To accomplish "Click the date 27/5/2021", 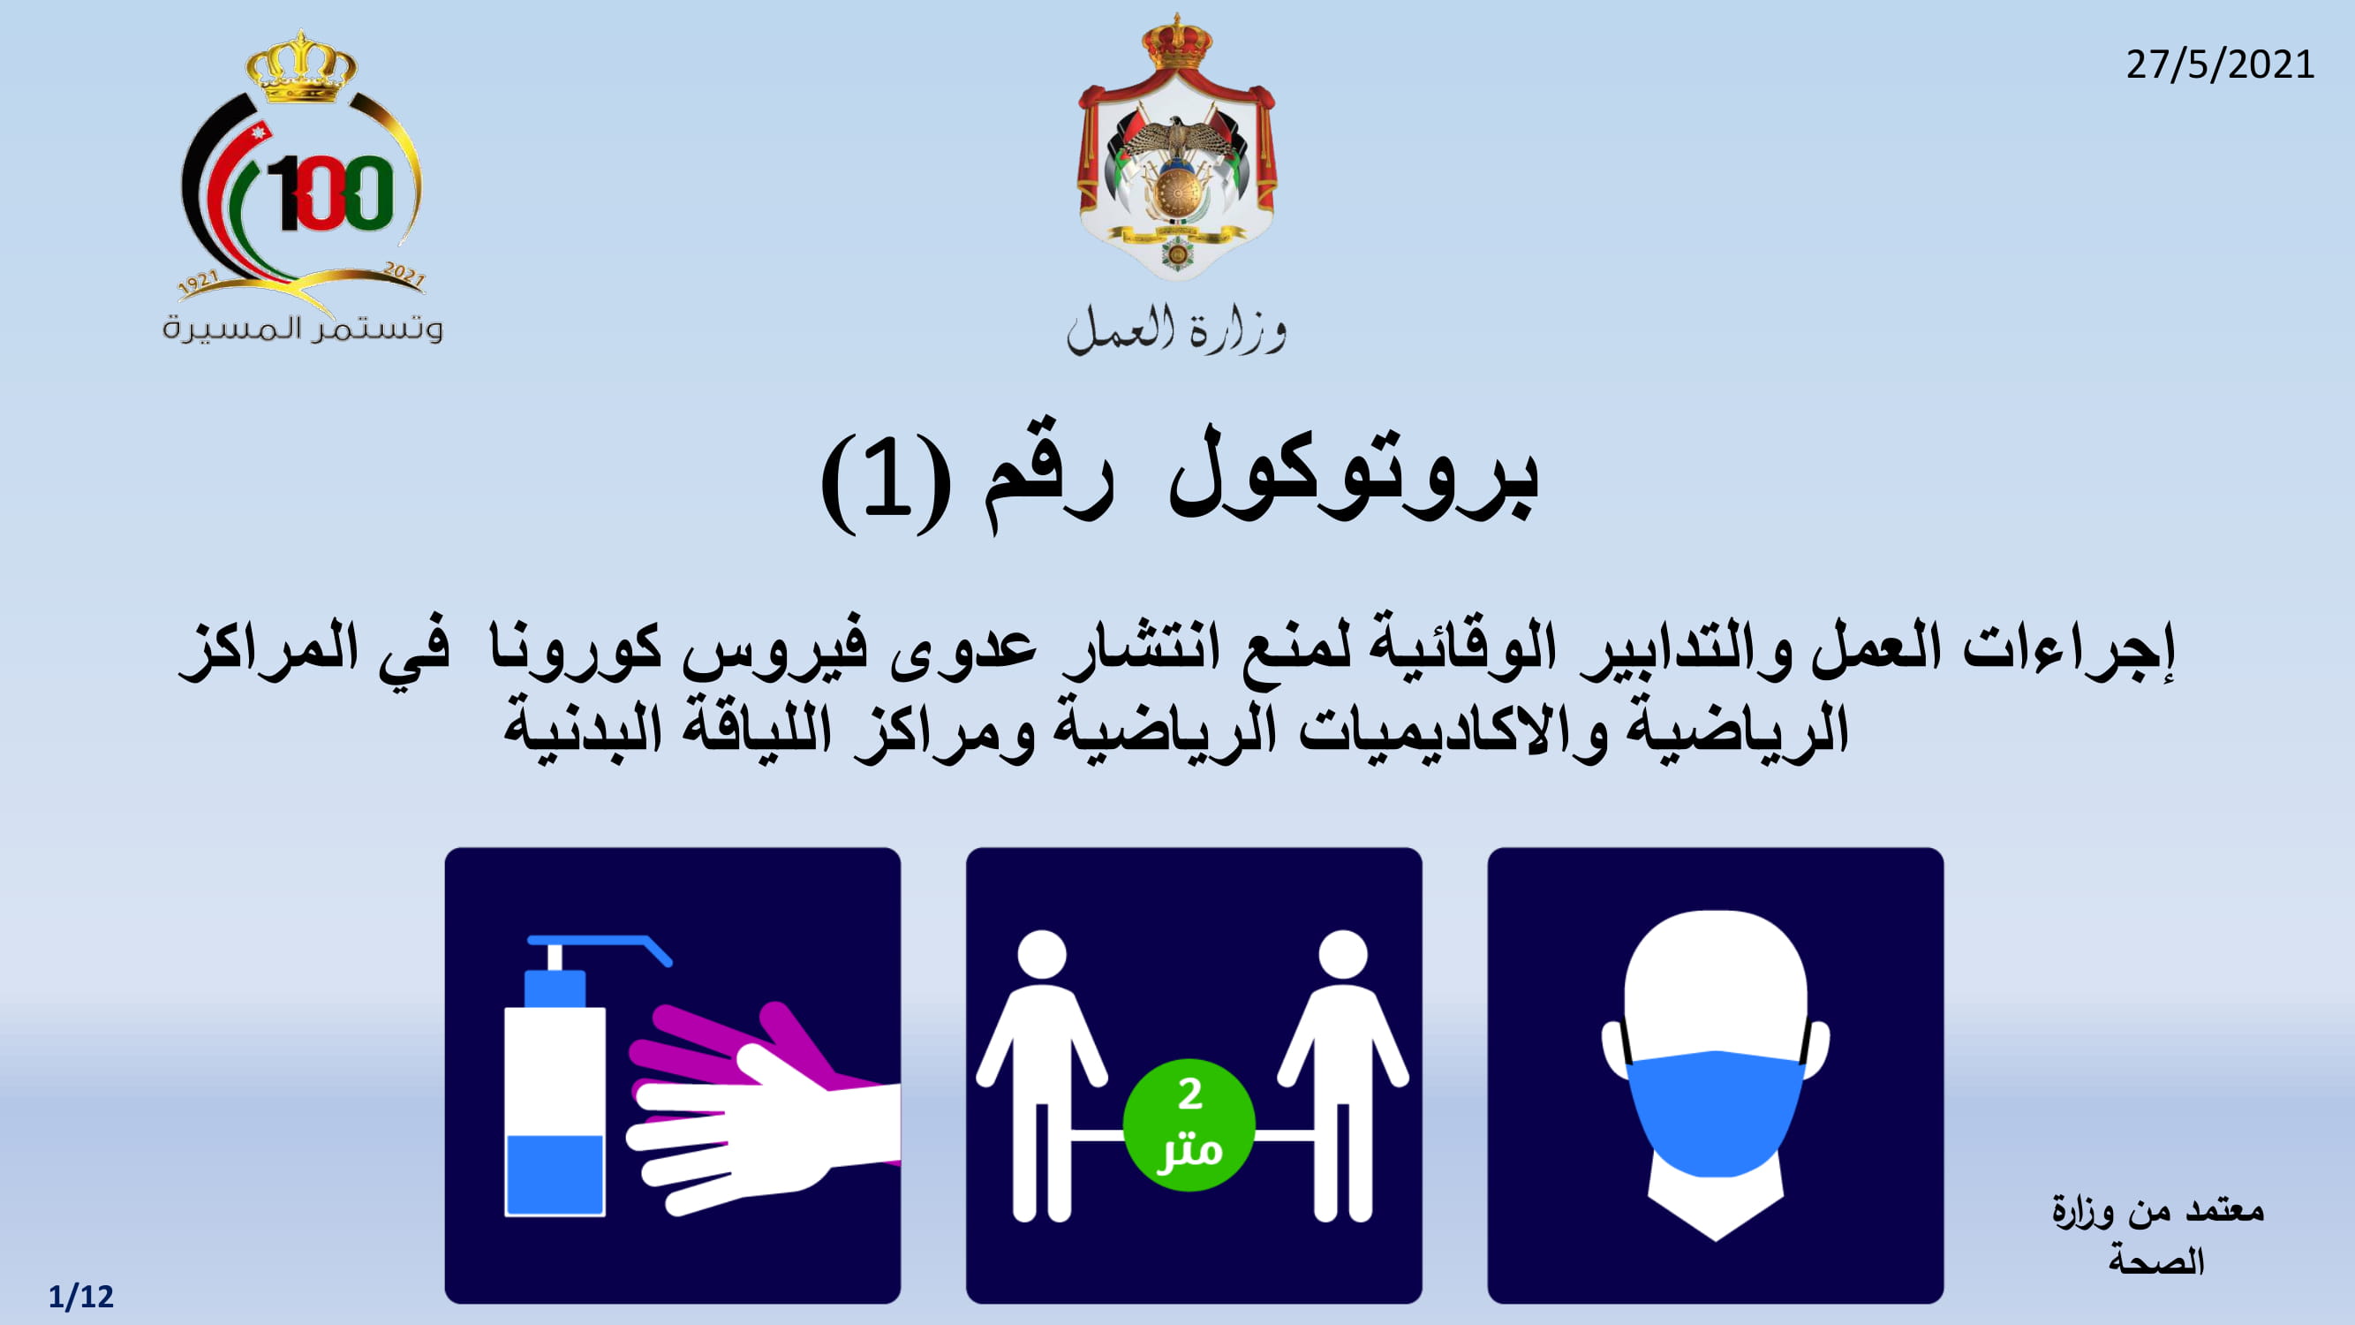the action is (x=2220, y=64).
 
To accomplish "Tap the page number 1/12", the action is (x=80, y=1297).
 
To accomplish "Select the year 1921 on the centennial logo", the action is (x=199, y=284).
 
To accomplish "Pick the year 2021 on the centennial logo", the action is (x=405, y=275).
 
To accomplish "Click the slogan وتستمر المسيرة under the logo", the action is (x=303, y=328).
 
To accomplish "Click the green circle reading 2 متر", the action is (x=1189, y=1124).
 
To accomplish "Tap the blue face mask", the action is (x=1716, y=1111).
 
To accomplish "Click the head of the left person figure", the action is (x=1041, y=955).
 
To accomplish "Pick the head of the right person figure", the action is (x=1343, y=955).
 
